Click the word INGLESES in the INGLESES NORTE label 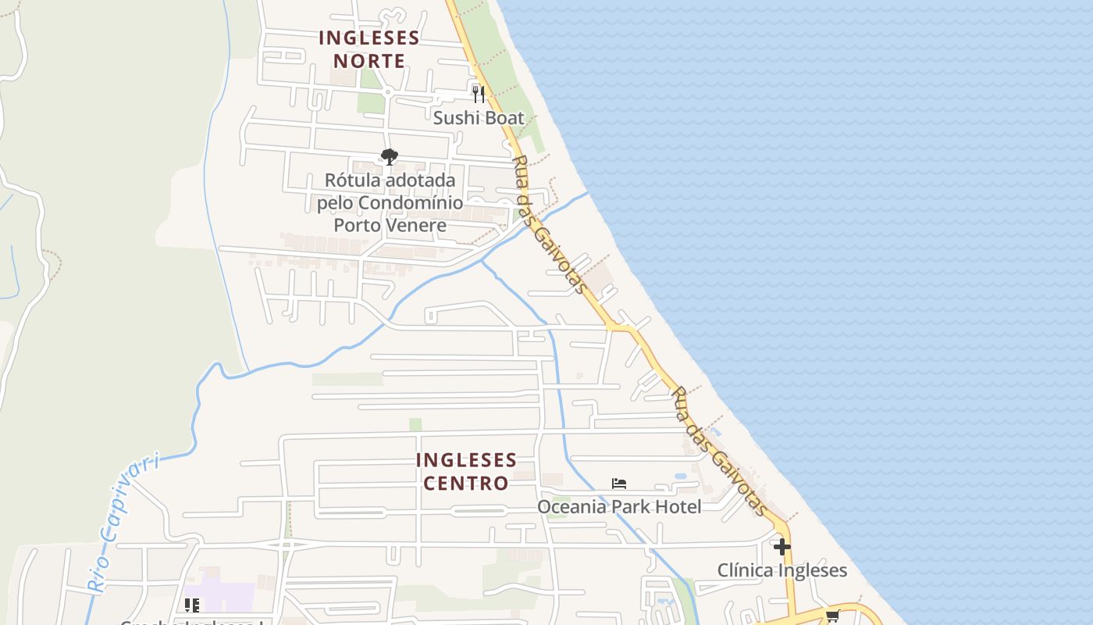click(369, 37)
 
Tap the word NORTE click(369, 61)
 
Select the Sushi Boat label click(479, 118)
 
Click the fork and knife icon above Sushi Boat click(479, 94)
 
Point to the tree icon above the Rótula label click(390, 157)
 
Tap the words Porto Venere click(390, 226)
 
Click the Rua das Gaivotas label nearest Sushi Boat click(550, 224)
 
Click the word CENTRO click(466, 483)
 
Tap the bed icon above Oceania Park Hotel click(619, 484)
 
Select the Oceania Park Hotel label click(619, 507)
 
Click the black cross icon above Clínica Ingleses click(781, 546)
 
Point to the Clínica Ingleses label click(781, 570)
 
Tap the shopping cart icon click(833, 616)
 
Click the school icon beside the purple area click(192, 605)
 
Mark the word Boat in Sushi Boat click(503, 118)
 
